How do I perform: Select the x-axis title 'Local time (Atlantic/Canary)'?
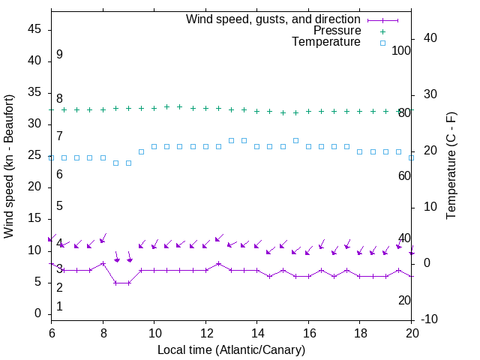[x=231, y=349]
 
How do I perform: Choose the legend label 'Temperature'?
[x=325, y=42]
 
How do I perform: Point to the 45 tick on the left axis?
[x=34, y=29]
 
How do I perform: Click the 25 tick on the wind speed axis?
[x=34, y=156]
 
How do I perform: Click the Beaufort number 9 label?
[x=59, y=55]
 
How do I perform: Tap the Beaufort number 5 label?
[x=59, y=205]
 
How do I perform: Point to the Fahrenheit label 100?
[x=402, y=50]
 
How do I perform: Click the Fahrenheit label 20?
[x=404, y=300]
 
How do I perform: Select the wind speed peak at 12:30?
[x=218, y=264]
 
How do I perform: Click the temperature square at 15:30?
[x=295, y=140]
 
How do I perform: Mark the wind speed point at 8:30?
[x=115, y=283]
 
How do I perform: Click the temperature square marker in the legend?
[x=382, y=43]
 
